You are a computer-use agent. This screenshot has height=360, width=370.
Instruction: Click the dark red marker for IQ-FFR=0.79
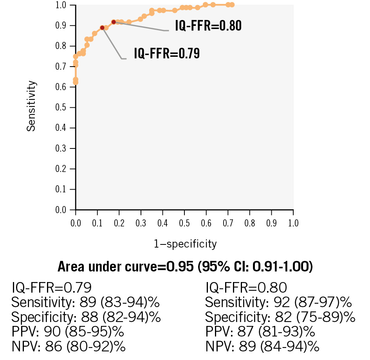[x=102, y=28]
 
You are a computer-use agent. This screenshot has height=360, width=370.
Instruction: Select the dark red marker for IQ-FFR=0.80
[x=114, y=22]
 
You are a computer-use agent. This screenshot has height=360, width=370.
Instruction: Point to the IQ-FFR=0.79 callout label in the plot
[x=167, y=53]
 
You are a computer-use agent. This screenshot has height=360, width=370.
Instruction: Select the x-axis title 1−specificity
[x=185, y=244]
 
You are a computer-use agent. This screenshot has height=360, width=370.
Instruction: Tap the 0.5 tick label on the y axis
[x=60, y=107]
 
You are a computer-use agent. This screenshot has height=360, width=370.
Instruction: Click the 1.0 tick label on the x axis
[x=293, y=224]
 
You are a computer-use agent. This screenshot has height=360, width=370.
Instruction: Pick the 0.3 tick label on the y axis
[x=60, y=148]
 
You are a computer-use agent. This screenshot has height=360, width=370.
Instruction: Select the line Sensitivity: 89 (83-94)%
[x=86, y=302]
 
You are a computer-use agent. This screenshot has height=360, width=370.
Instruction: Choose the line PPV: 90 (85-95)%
[x=68, y=332]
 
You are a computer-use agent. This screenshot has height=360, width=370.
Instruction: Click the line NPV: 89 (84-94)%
[x=262, y=347]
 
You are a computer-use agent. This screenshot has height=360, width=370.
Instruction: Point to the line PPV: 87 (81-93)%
[x=260, y=332]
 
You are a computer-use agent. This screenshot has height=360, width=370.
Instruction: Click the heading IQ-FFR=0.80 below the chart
[x=246, y=288]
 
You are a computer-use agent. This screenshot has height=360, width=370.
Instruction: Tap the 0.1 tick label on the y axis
[x=60, y=190]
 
